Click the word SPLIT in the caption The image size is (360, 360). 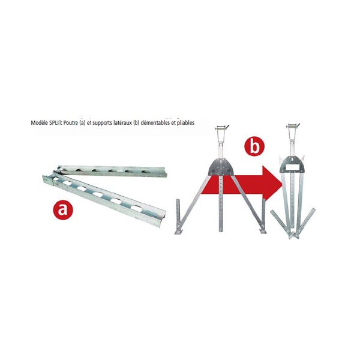(55, 123)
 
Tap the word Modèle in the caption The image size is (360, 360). (40, 123)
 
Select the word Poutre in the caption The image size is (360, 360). (71, 123)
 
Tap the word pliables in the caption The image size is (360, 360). (186, 123)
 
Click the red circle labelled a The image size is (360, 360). (62, 209)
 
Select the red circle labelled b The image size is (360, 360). (254, 146)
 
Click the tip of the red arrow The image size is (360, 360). (282, 183)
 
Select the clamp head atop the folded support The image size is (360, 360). (293, 127)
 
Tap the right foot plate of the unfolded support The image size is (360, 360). (263, 231)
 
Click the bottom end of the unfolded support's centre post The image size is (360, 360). (221, 231)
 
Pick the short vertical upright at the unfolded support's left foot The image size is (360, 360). (178, 214)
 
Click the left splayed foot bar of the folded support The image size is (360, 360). (281, 223)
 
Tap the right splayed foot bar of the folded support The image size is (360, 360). (306, 222)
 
